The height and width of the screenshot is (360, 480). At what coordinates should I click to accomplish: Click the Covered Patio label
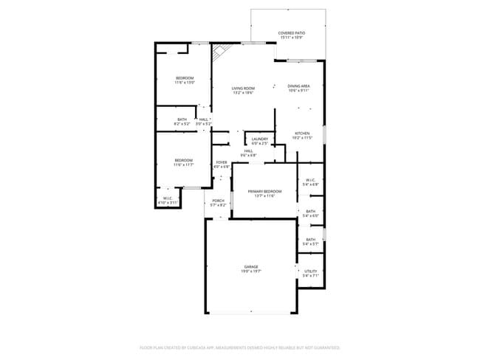coord(291,35)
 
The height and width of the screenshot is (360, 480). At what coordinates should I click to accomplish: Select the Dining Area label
coord(298,88)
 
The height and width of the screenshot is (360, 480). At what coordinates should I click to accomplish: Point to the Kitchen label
coord(302,135)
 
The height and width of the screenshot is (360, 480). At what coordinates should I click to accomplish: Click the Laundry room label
coord(259,140)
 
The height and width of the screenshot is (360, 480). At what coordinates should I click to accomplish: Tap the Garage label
coord(251,269)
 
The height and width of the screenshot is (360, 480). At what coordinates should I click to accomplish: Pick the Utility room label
coord(310,273)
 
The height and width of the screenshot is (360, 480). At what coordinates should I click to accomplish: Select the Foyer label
coord(222,164)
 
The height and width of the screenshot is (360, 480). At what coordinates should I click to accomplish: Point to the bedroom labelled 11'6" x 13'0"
coord(184,80)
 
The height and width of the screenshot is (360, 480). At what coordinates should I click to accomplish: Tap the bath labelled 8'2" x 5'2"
coord(182,122)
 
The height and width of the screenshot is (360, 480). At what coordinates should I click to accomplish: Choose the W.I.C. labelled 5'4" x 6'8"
coord(310,182)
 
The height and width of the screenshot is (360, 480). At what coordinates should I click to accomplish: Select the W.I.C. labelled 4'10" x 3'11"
coord(168,200)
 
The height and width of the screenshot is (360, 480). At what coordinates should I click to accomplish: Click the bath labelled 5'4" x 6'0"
coord(310,213)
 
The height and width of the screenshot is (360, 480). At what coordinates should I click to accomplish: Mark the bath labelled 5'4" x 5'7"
coord(310,241)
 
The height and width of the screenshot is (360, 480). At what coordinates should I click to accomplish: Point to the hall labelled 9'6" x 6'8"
coord(249,153)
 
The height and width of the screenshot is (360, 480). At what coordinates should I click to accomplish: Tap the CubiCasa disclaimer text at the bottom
coord(239,347)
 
